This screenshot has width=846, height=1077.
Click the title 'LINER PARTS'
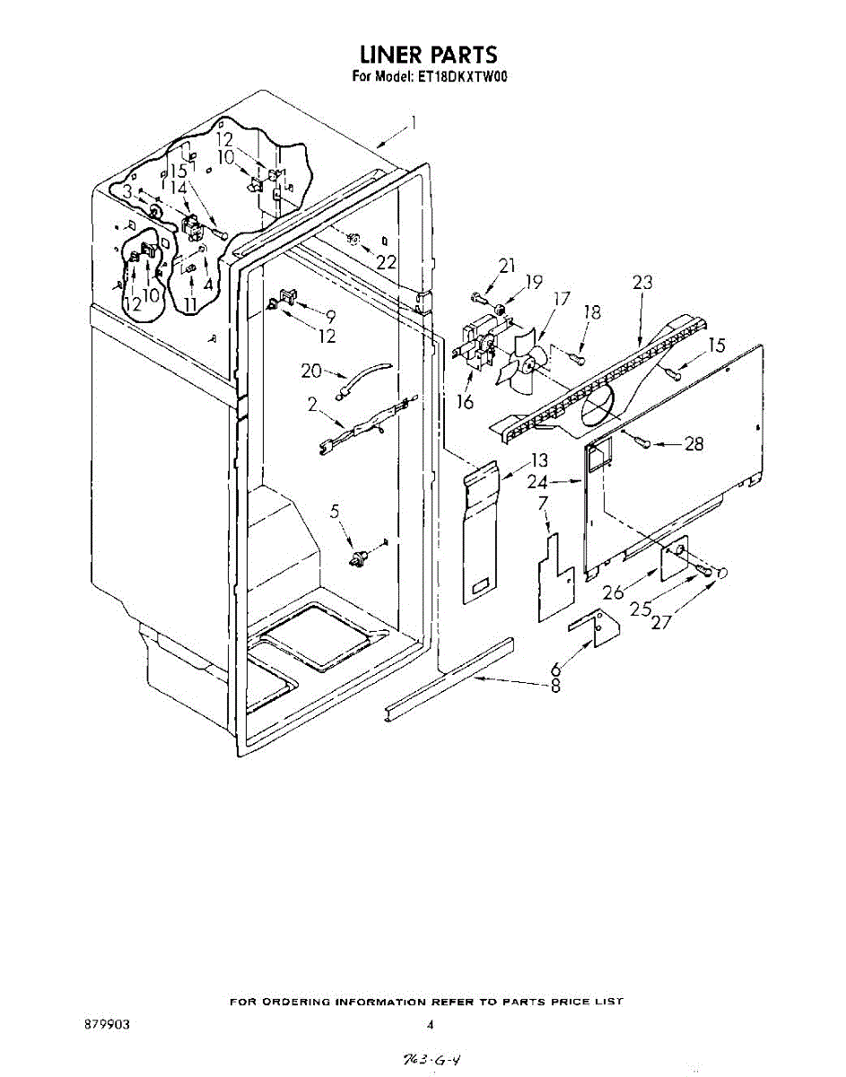click(428, 55)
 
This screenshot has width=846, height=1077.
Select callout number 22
click(386, 262)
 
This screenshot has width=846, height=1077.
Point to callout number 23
click(641, 282)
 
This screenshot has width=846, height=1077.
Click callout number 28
click(693, 443)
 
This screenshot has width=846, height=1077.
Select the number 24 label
click(538, 482)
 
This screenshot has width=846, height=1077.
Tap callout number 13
click(538, 460)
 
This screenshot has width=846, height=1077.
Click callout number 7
click(543, 503)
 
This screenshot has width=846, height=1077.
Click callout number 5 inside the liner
click(336, 512)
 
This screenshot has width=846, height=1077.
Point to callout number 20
click(311, 371)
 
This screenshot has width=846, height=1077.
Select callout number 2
click(312, 405)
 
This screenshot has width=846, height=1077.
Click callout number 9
click(330, 315)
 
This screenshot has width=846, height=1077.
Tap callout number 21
click(507, 266)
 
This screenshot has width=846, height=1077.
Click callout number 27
click(661, 622)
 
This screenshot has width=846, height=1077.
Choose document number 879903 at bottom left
click(107, 1024)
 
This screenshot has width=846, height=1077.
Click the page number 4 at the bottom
click(430, 1024)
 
